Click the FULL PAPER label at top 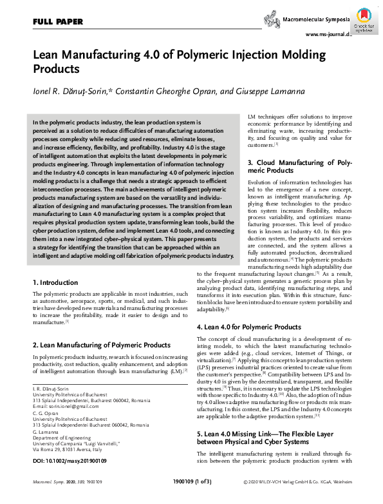click(57, 22)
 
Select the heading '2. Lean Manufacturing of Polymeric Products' click(101, 345)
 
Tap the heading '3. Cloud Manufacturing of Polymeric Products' click(299, 167)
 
